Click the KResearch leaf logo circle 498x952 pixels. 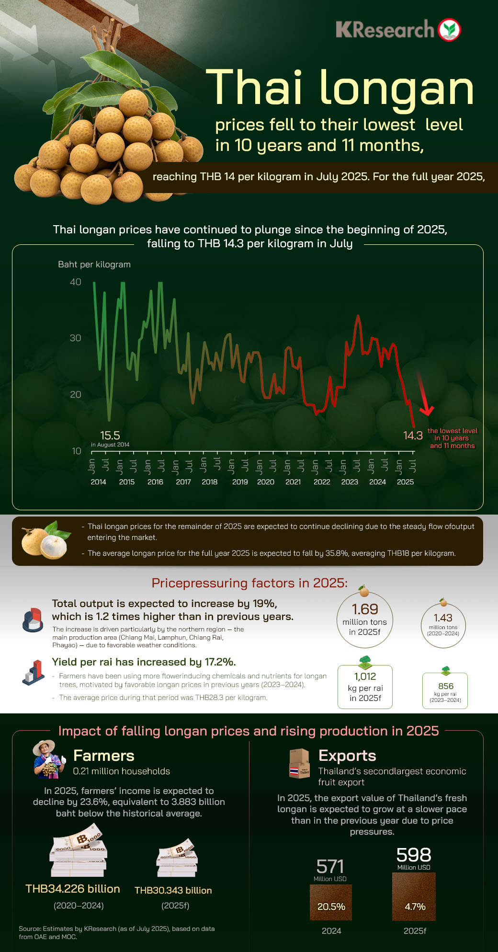[x=449, y=30]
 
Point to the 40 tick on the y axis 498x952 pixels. [x=76, y=282]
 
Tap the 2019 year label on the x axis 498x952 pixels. [x=240, y=482]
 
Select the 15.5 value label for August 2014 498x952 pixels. [x=110, y=436]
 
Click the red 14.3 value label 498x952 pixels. [x=413, y=436]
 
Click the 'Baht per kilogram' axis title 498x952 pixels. [x=94, y=264]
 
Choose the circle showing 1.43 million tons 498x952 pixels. [x=443, y=626]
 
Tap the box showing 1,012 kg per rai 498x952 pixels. [x=365, y=687]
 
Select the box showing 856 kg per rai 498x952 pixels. [x=445, y=690]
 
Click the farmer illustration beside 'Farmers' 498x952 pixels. [x=49, y=759]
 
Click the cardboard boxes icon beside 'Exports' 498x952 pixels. [x=300, y=763]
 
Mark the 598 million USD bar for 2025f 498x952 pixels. [x=414, y=896]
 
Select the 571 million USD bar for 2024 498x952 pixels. [x=331, y=902]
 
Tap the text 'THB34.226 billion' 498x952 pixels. [x=73, y=889]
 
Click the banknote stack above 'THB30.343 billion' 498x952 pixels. [x=177, y=858]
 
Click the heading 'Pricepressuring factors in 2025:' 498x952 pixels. [x=249, y=583]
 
